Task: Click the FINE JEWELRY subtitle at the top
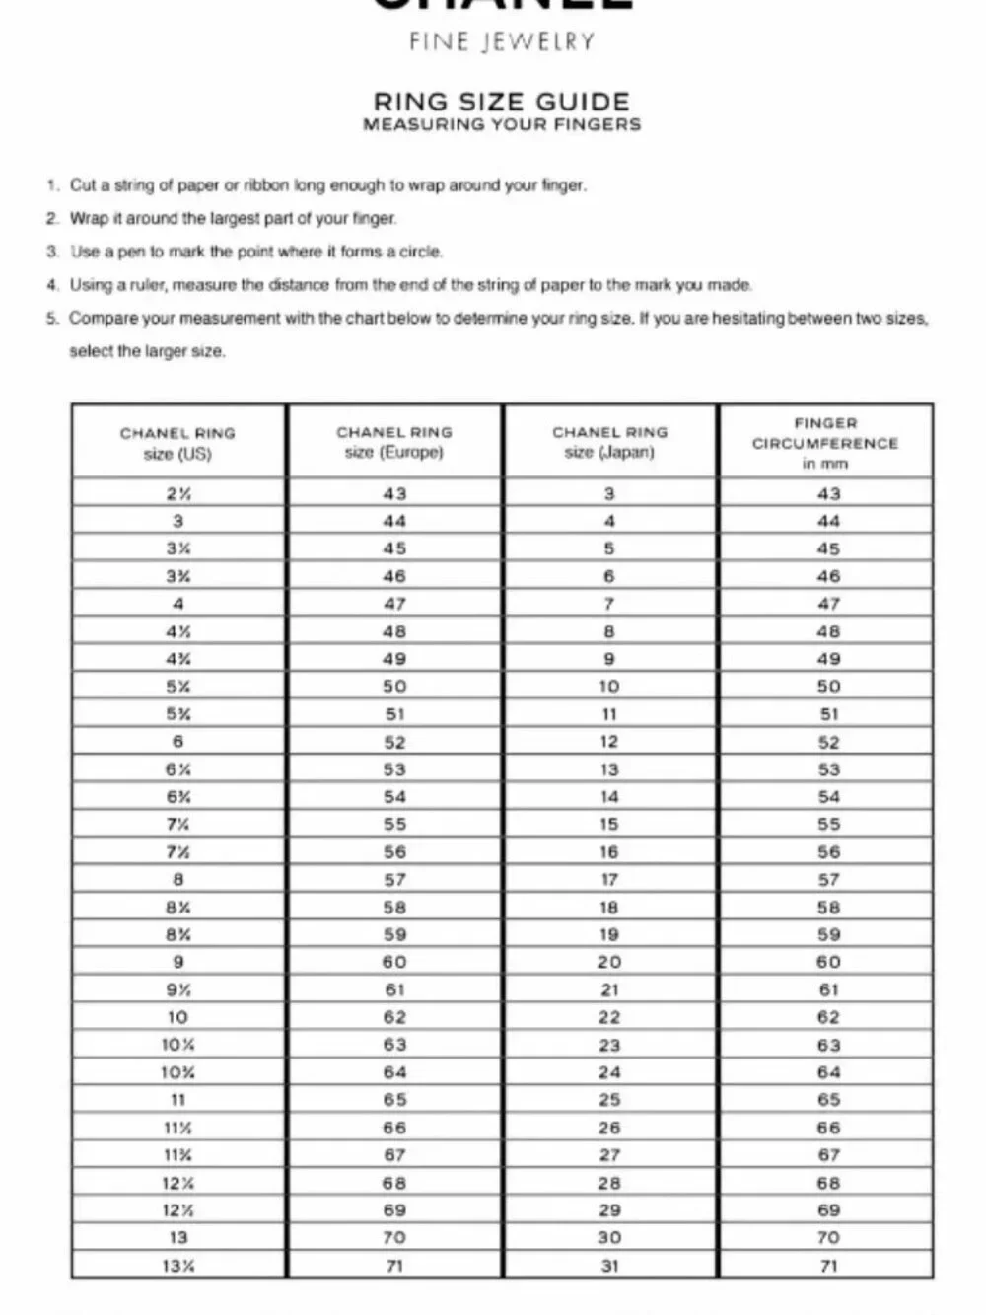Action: click(x=502, y=41)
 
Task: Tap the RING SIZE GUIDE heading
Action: click(x=501, y=101)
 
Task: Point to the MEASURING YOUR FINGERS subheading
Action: click(x=502, y=125)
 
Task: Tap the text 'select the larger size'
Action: click(x=147, y=351)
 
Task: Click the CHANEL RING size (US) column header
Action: click(x=177, y=443)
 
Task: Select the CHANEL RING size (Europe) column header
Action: click(x=394, y=442)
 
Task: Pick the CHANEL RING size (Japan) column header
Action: click(x=609, y=442)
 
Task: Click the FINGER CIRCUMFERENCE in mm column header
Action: click(x=825, y=443)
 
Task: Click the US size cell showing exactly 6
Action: click(x=177, y=742)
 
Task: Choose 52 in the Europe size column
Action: click(x=394, y=742)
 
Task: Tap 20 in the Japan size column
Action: click(x=609, y=962)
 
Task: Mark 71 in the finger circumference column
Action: click(x=828, y=1266)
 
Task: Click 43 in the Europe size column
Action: click(x=394, y=493)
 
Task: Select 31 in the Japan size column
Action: click(x=609, y=1266)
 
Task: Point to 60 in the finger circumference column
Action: click(x=828, y=962)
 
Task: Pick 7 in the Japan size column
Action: click(x=609, y=604)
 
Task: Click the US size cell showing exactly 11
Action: click(x=177, y=1100)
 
